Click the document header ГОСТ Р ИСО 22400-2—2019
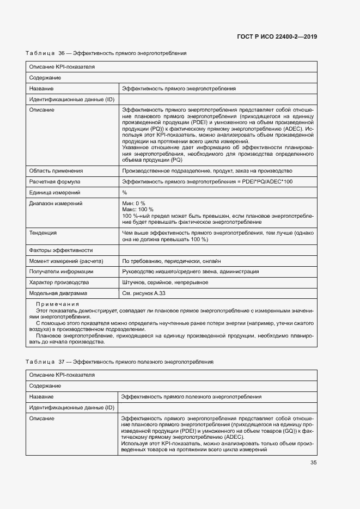277,36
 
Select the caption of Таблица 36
106,53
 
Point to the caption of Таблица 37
119,361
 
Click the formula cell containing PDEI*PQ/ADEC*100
207,181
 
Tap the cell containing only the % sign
125,192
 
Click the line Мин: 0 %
134,203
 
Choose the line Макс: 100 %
138,209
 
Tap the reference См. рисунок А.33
144,293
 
